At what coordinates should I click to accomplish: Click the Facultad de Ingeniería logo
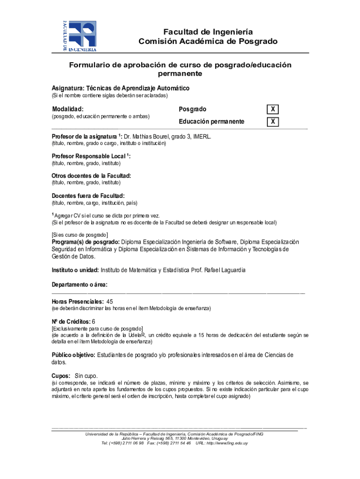coord(79,36)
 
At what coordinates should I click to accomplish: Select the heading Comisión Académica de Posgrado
coord(208,42)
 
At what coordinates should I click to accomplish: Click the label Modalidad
coord(68,109)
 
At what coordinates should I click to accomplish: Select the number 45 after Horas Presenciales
coord(110,302)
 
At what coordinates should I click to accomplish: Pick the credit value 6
coord(94,322)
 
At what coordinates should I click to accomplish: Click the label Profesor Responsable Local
coord(90,156)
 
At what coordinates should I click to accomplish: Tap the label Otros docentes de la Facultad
coord(91,176)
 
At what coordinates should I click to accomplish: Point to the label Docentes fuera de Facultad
coord(88,196)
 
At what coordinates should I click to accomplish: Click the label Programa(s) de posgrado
coord(86,242)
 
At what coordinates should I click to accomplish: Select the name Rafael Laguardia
coord(224,270)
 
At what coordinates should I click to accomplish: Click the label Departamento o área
coord(79,284)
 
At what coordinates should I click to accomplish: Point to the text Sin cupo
coord(86,376)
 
